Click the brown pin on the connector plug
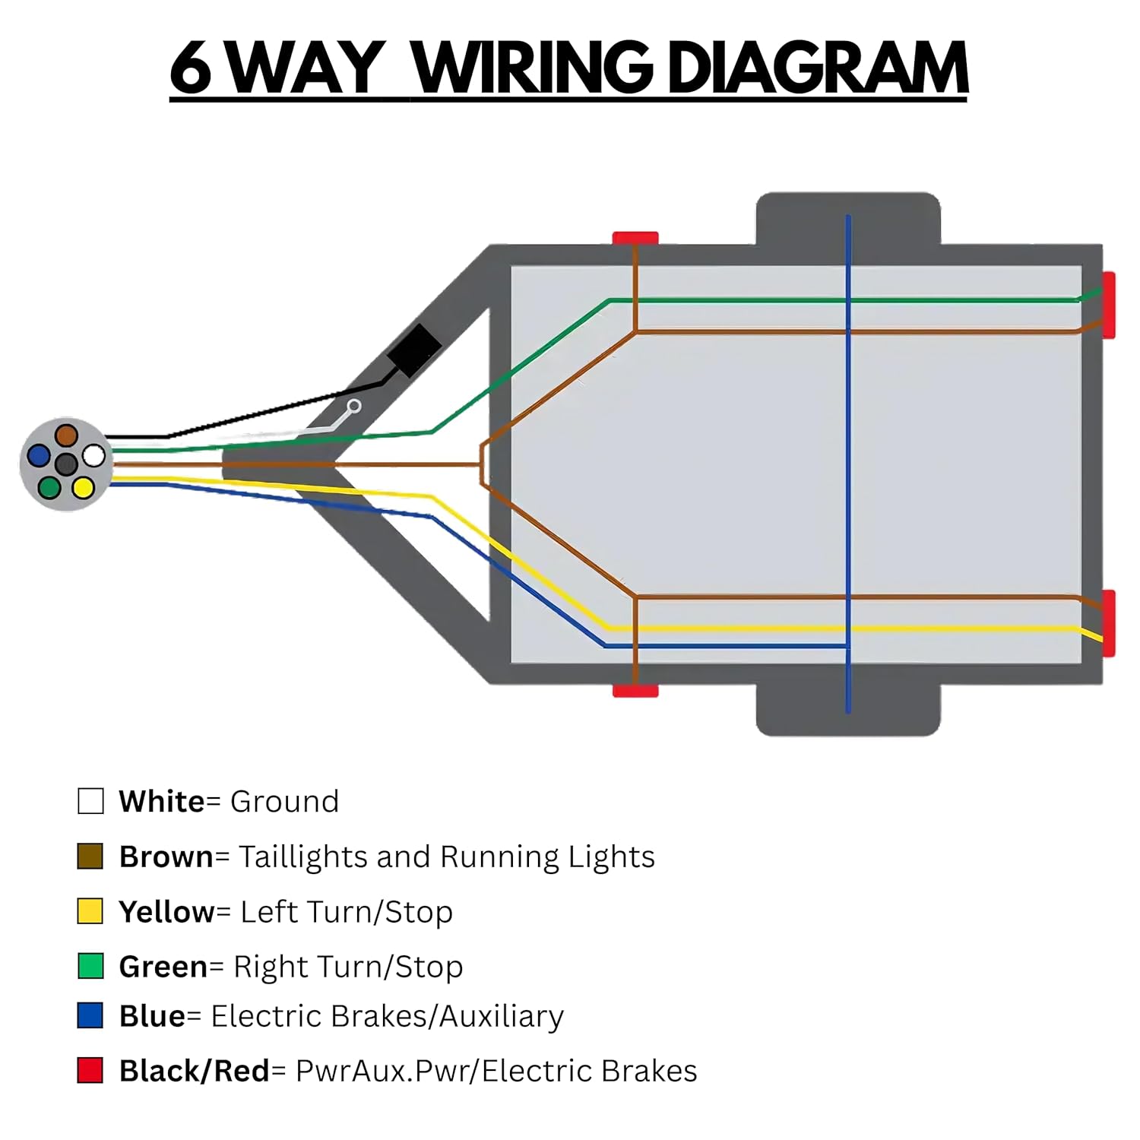click(x=66, y=435)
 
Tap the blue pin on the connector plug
click(x=39, y=456)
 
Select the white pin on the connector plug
click(x=93, y=456)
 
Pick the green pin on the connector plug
click(x=49, y=487)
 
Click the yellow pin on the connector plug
click(x=83, y=487)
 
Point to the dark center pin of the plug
click(x=66, y=464)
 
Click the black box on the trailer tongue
click(x=414, y=350)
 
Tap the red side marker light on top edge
click(x=635, y=238)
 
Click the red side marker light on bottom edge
click(x=635, y=690)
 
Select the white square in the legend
click(x=90, y=801)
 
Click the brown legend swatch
click(x=90, y=857)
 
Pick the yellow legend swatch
click(x=90, y=911)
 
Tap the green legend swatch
click(x=90, y=966)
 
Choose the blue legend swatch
click(x=90, y=1015)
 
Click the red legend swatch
click(x=90, y=1070)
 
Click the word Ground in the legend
click(x=284, y=802)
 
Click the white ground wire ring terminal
click(x=353, y=407)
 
